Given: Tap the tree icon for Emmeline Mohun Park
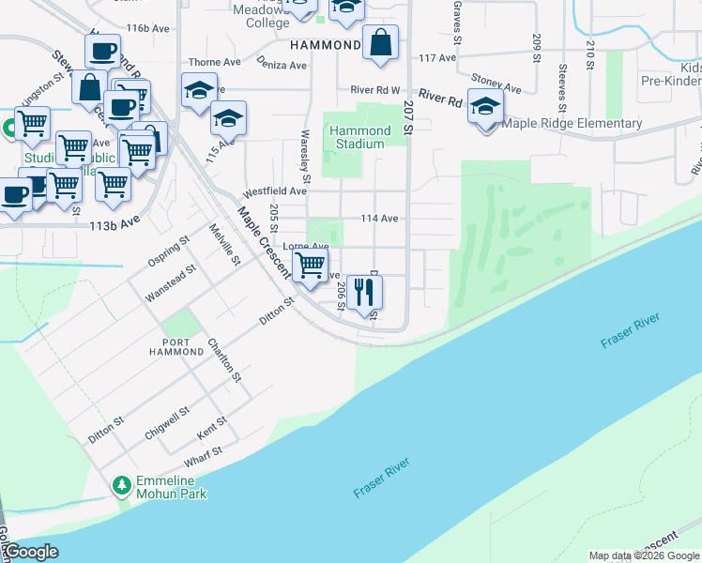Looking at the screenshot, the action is pos(120,485).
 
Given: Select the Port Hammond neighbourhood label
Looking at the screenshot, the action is pos(175,345).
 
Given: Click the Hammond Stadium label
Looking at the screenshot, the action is pos(359,137).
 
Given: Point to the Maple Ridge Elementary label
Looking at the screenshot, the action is pos(572,123).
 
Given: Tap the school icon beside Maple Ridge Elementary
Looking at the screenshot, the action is pos(485,107).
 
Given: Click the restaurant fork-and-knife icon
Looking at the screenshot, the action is pos(364,294).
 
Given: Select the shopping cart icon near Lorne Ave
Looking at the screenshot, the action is pos(310,264).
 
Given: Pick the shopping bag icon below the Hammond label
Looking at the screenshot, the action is pos(380,42).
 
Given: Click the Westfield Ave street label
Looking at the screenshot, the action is pos(275,190).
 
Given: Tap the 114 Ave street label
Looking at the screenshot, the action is pos(380,219).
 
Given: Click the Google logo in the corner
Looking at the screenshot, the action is pos(31,552).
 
